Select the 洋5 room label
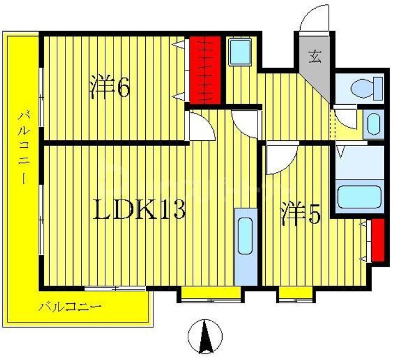[x=300, y=214]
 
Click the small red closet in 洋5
[x=376, y=240]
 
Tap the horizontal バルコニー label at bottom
[x=70, y=308]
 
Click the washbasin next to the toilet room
[x=373, y=124]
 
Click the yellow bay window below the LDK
[x=210, y=295]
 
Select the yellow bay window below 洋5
[x=294, y=295]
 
